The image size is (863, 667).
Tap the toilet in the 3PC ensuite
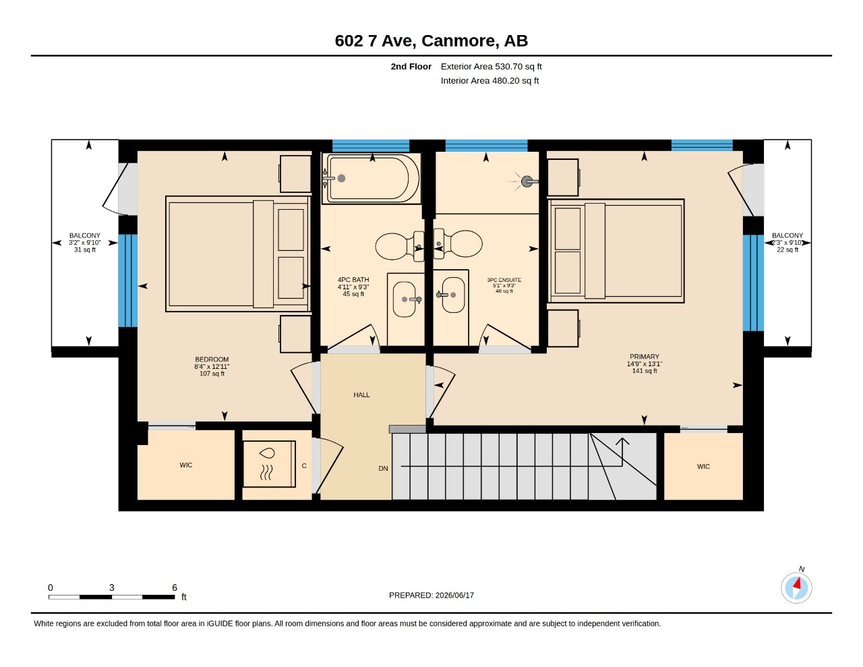pyautogui.click(x=458, y=243)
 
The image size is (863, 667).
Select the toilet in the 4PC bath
pyautogui.click(x=400, y=246)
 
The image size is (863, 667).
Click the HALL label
pyautogui.click(x=361, y=395)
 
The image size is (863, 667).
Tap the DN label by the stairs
pyautogui.click(x=383, y=468)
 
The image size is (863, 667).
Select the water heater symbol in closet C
pyautogui.click(x=269, y=464)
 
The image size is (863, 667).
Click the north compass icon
pyautogui.click(x=796, y=587)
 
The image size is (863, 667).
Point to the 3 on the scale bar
pyautogui.click(x=112, y=587)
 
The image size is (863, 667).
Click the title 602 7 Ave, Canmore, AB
pyautogui.click(x=431, y=41)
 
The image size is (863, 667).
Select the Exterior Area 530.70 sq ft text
pyautogui.click(x=492, y=67)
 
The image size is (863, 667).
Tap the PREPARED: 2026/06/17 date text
pyautogui.click(x=431, y=595)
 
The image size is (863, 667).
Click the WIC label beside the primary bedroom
pyautogui.click(x=703, y=467)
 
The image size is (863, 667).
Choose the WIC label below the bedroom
pyautogui.click(x=186, y=465)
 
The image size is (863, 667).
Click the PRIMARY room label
pyautogui.click(x=644, y=357)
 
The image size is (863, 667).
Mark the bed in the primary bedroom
pyautogui.click(x=616, y=251)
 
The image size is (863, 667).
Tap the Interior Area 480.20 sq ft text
pyautogui.click(x=489, y=81)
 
